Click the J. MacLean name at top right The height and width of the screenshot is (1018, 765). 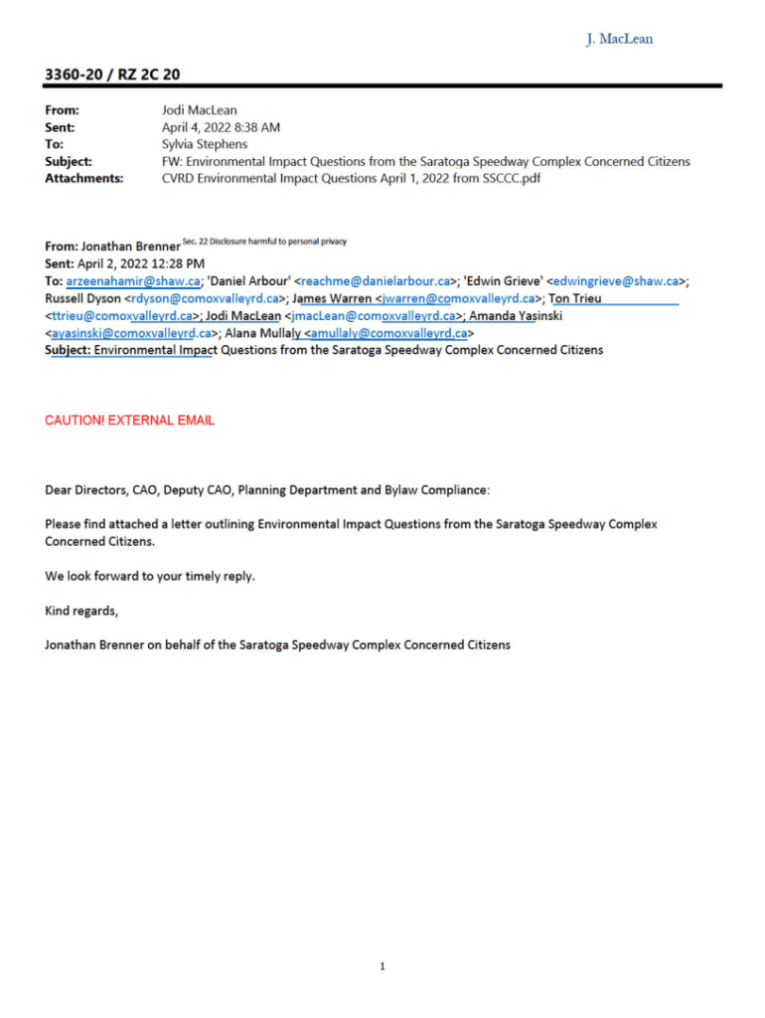(x=619, y=39)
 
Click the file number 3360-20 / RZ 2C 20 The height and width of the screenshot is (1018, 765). (x=112, y=75)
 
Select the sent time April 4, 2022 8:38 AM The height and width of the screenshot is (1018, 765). (x=221, y=127)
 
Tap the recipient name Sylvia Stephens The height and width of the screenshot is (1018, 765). (x=205, y=144)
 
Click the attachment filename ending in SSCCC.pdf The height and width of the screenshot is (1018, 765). (x=351, y=178)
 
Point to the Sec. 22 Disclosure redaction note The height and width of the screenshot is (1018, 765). (x=264, y=242)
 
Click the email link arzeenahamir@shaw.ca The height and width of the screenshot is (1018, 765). (x=133, y=281)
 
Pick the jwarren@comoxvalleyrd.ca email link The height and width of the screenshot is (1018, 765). (x=458, y=298)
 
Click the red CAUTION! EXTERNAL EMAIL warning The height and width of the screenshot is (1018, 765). (x=130, y=421)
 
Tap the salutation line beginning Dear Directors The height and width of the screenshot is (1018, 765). (x=267, y=490)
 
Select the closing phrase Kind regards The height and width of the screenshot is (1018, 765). (x=81, y=610)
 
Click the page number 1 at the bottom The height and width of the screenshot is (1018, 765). (x=382, y=966)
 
